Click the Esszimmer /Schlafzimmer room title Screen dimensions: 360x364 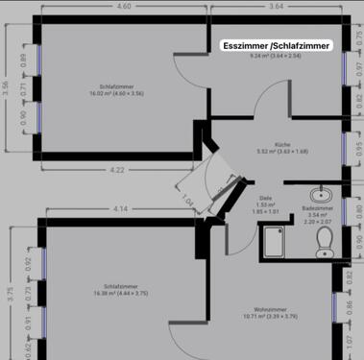click(x=278, y=45)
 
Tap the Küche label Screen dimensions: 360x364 click(x=281, y=144)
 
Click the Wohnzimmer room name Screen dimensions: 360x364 click(x=280, y=309)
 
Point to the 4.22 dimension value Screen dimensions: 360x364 click(x=117, y=170)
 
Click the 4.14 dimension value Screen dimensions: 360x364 click(x=120, y=208)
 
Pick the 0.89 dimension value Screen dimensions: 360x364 click(x=24, y=59)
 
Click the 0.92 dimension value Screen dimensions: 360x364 click(x=28, y=261)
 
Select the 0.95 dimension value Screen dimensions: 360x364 click(x=359, y=149)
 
